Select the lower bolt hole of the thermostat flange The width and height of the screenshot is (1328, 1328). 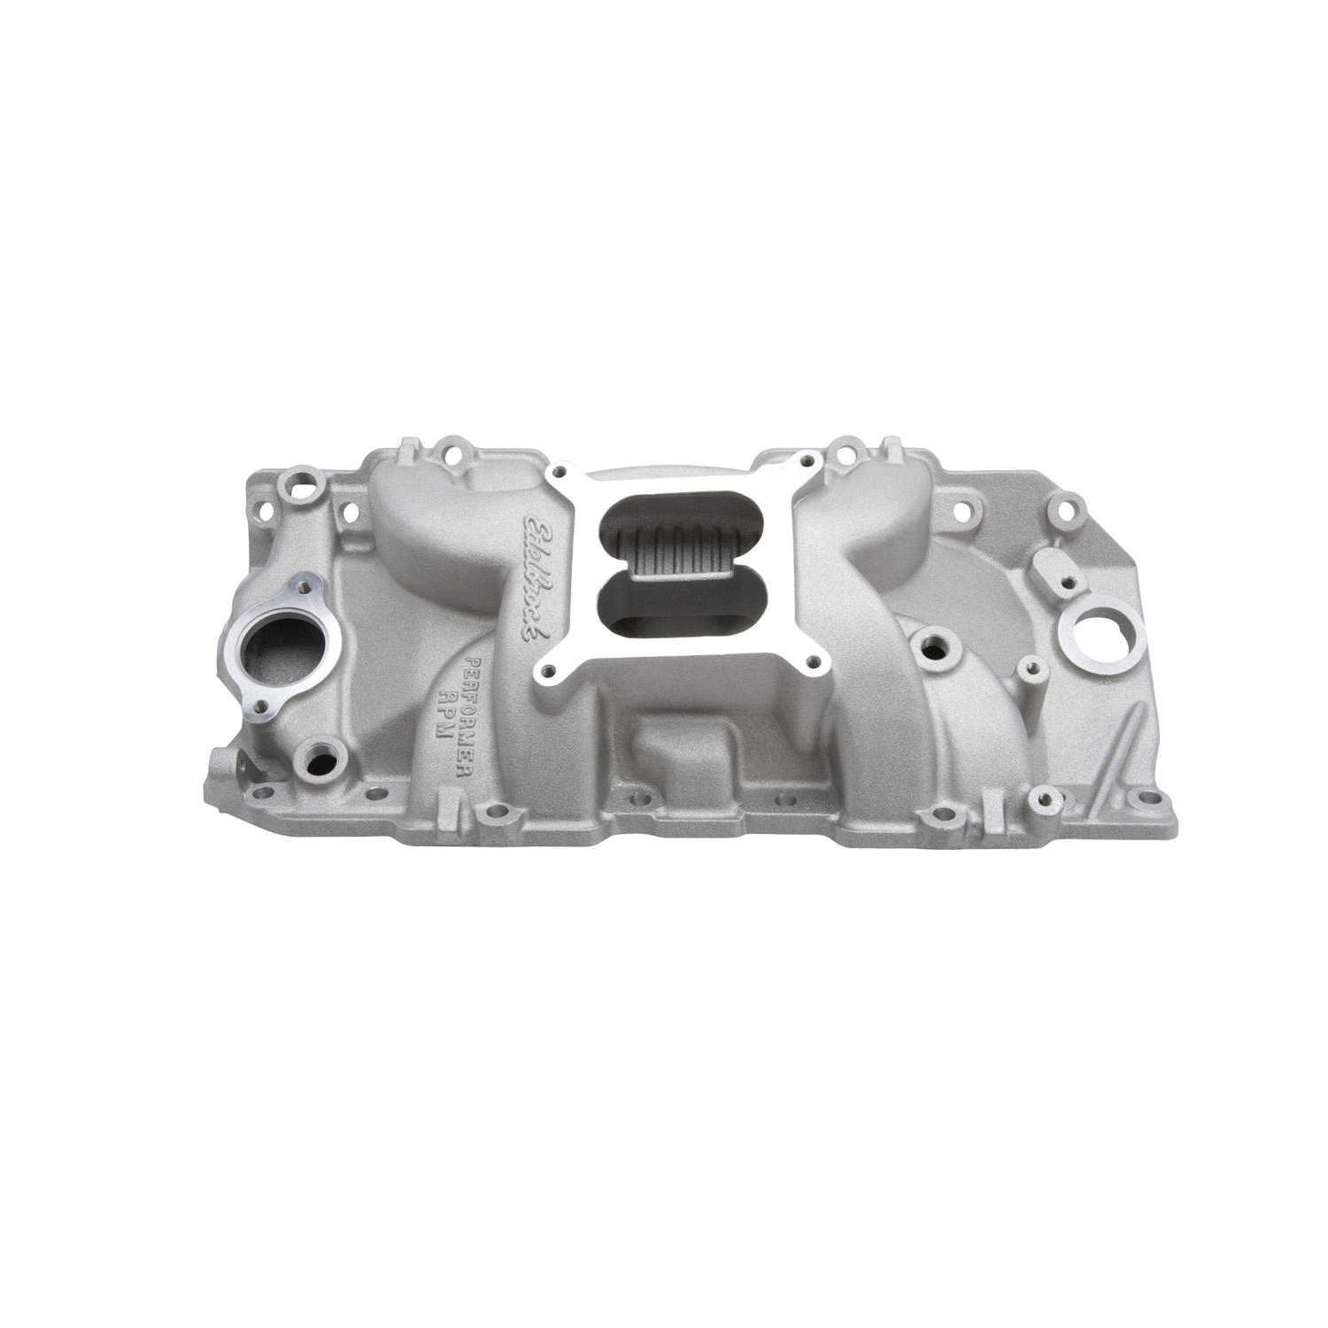click(262, 707)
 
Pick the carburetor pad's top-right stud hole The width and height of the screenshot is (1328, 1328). click(807, 461)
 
